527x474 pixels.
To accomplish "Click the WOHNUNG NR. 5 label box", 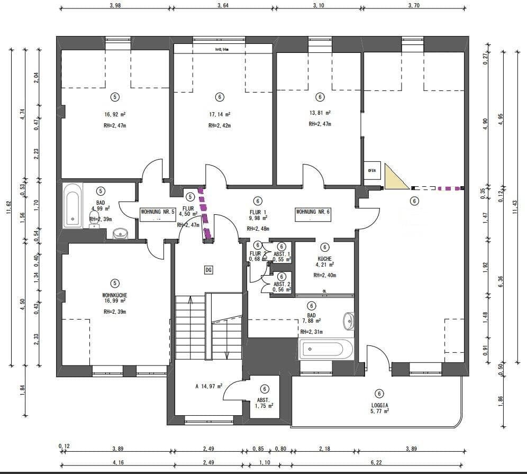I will click(157, 212).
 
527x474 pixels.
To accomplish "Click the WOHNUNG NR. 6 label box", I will click(313, 212).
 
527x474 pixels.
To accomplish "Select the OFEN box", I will click(372, 170).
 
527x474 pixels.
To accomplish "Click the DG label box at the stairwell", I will click(208, 270).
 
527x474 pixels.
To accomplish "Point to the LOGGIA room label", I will click(379, 406).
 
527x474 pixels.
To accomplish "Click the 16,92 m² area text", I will click(115, 114).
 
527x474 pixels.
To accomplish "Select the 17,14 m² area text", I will click(220, 114).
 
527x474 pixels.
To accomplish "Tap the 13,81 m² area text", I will click(320, 113).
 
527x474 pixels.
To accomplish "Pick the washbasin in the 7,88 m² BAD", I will click(349, 321).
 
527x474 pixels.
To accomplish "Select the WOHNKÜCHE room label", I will click(115, 295).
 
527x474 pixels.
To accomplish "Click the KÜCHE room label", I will click(325, 259).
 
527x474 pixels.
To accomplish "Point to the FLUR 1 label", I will click(258, 212).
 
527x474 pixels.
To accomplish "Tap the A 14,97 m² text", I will click(208, 386).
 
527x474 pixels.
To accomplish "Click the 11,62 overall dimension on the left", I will click(9, 207).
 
